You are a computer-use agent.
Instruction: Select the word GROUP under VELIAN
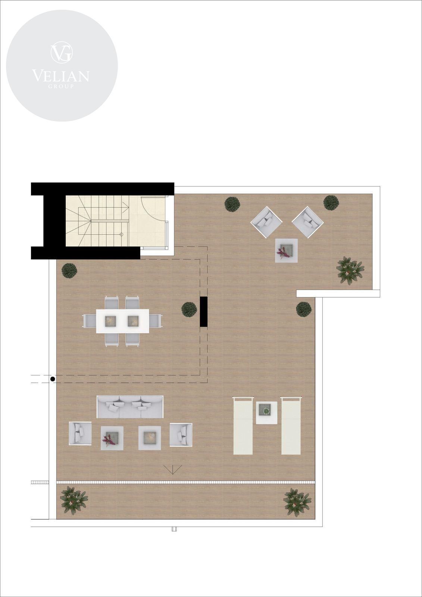click(61, 86)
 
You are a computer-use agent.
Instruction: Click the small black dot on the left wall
click(53, 379)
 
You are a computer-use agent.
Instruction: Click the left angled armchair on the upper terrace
click(266, 222)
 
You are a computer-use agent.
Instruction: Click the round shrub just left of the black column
click(189, 309)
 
